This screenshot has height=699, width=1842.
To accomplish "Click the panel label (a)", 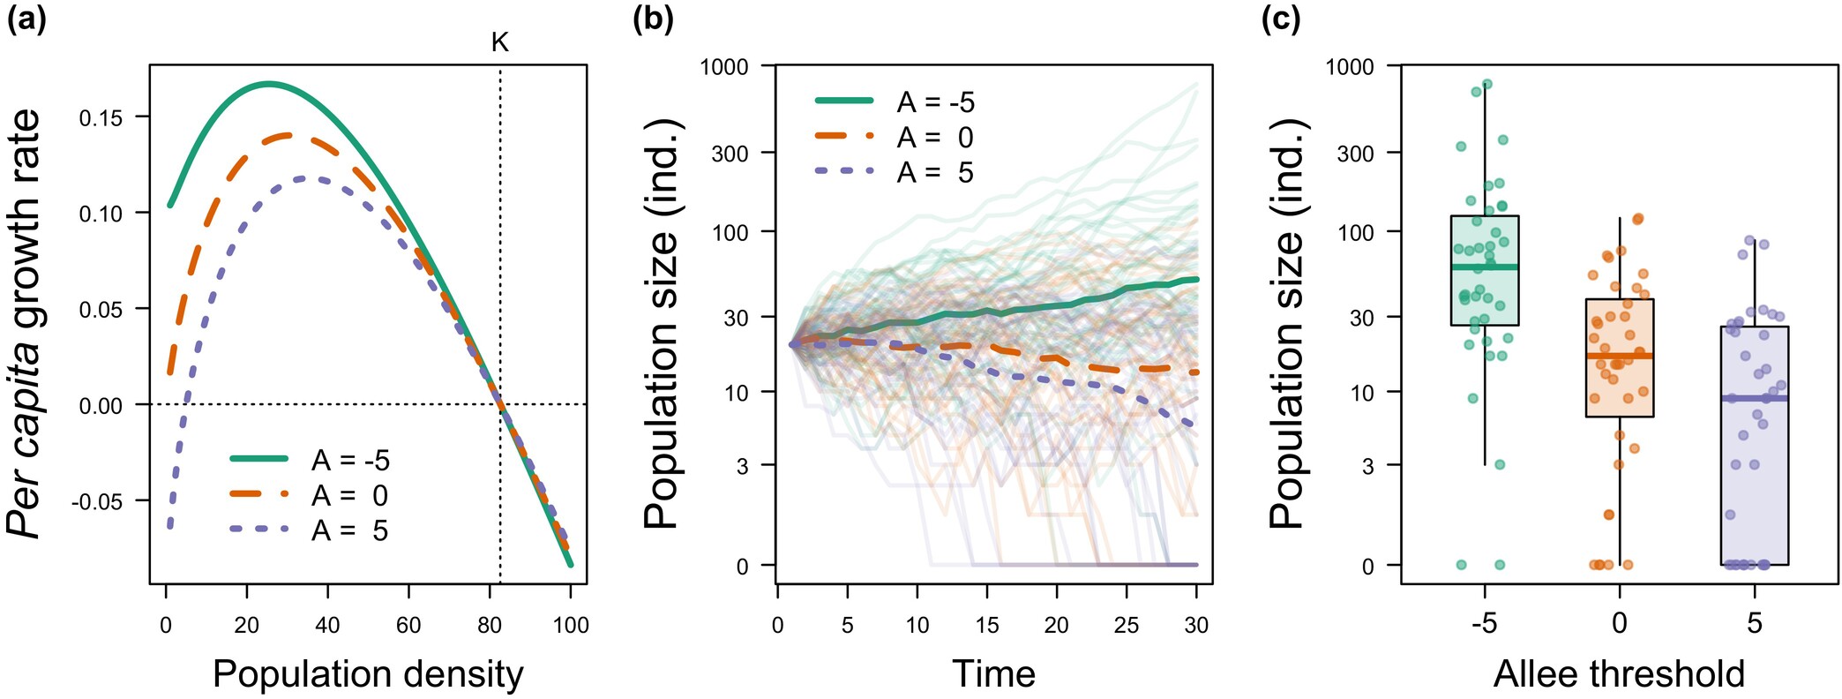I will click(26, 19).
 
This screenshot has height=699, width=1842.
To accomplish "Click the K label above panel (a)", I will click(500, 41).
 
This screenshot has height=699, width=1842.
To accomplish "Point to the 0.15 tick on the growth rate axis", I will click(101, 117).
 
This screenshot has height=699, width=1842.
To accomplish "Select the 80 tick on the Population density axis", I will click(490, 625).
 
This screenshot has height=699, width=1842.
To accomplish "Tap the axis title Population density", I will click(368, 674).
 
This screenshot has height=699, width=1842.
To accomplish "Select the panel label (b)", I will click(654, 19).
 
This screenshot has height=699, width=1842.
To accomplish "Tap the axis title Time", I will click(993, 674).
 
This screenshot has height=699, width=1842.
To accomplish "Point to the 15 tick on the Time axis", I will click(986, 625).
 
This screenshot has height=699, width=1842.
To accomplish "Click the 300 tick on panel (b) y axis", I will click(730, 154).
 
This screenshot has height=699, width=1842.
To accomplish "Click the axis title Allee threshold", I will click(1619, 674).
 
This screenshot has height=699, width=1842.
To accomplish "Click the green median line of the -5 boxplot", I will click(1485, 267).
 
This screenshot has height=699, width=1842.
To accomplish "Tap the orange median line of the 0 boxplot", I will click(1620, 356).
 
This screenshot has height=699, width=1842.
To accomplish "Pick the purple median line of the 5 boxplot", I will click(1755, 398).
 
